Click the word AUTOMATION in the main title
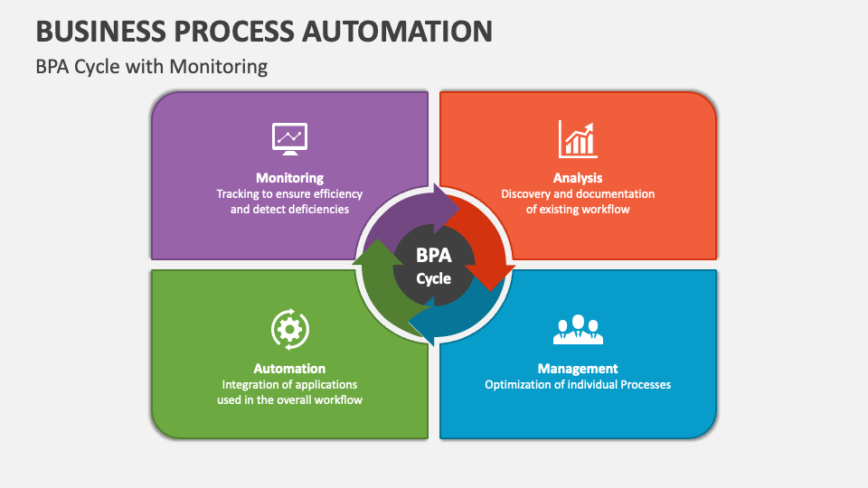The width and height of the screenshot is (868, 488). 398,31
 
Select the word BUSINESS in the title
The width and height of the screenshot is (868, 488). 100,31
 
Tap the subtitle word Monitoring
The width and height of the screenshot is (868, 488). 218,67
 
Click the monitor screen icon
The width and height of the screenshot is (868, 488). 289,139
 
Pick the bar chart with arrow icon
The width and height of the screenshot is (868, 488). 578,139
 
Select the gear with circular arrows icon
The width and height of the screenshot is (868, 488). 289,330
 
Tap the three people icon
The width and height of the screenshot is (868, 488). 578,330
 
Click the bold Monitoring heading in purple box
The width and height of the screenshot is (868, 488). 289,178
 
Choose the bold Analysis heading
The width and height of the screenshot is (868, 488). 578,178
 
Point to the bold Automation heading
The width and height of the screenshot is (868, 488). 289,369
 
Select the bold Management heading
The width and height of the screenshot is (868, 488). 578,369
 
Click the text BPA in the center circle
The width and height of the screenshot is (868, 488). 433,256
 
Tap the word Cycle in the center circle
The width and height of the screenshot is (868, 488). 433,278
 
